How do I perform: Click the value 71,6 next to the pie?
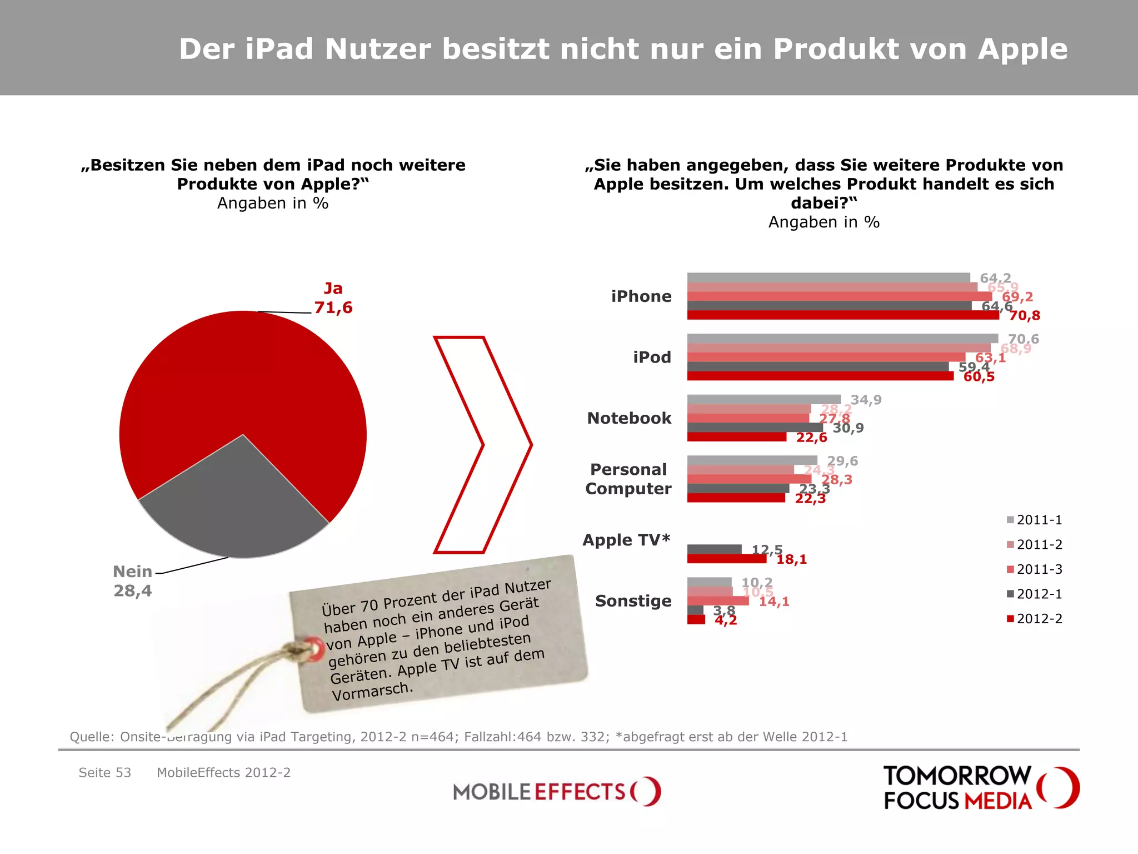click(333, 307)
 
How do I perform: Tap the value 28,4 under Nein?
click(133, 590)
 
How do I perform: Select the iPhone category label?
click(641, 296)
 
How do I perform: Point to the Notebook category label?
click(629, 418)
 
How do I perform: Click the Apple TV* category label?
click(626, 540)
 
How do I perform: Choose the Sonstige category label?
click(633, 601)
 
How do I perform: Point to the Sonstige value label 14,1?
click(774, 601)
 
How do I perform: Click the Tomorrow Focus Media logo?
click(981, 788)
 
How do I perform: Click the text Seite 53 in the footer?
click(104, 772)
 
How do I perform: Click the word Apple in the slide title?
click(1022, 49)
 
